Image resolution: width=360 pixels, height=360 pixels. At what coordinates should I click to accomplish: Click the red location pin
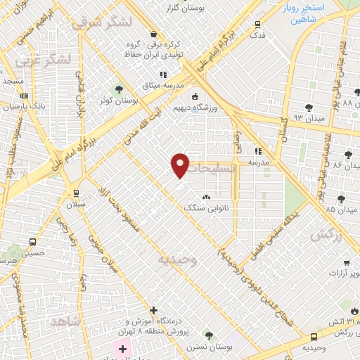[x=181, y=165]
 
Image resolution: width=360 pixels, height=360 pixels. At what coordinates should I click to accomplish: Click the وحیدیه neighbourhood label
[x=176, y=259]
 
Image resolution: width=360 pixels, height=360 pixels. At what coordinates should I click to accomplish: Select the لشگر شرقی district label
[x=103, y=22]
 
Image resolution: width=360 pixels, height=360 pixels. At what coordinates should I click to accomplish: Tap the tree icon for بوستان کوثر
[x=118, y=89]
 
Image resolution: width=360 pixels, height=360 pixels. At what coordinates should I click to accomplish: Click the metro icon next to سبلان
[x=76, y=193]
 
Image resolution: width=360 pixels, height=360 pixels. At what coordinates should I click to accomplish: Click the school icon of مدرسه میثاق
[x=163, y=74]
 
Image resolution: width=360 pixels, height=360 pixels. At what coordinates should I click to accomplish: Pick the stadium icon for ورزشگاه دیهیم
[x=195, y=97]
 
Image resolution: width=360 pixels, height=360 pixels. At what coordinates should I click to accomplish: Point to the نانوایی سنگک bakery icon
[x=206, y=198]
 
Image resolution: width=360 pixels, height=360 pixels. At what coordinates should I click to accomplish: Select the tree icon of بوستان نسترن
[x=207, y=334]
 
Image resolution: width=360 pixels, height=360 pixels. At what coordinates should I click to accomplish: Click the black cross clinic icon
[x=153, y=310]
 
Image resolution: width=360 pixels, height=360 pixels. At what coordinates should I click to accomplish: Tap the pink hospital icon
[x=122, y=349]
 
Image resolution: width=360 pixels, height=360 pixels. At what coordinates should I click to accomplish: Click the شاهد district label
[x=66, y=320]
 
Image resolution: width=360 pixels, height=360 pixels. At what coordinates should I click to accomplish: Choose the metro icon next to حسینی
[x=32, y=242]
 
